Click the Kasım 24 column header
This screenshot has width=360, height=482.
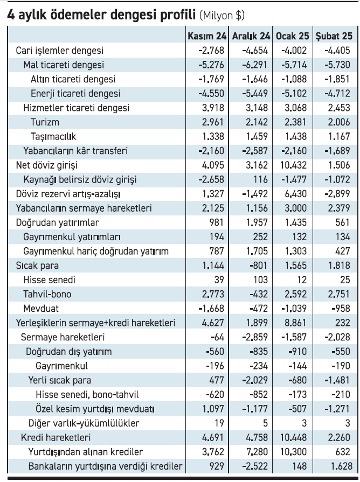click(x=207, y=36)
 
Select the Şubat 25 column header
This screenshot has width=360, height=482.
click(x=334, y=36)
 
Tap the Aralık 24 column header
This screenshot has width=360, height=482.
click(x=251, y=36)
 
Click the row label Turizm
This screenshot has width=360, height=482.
click(x=45, y=122)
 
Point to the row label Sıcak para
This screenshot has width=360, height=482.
click(x=37, y=266)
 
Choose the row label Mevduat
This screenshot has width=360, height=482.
click(x=41, y=309)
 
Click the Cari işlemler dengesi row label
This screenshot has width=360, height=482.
click(x=60, y=51)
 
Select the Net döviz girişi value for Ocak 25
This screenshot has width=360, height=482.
click(x=293, y=165)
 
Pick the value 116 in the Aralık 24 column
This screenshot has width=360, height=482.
click(x=261, y=179)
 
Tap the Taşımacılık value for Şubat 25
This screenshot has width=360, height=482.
click(x=339, y=136)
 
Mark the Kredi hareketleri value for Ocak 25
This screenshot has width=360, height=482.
click(x=293, y=437)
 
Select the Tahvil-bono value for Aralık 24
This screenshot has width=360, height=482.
click(x=259, y=294)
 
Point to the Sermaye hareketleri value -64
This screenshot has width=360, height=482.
click(x=218, y=337)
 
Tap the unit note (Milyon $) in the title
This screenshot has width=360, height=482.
click(x=222, y=15)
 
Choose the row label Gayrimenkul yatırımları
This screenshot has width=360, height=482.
click(x=72, y=237)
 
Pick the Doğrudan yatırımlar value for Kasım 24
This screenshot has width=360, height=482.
click(x=217, y=222)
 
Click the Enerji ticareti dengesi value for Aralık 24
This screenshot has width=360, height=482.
click(x=255, y=93)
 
